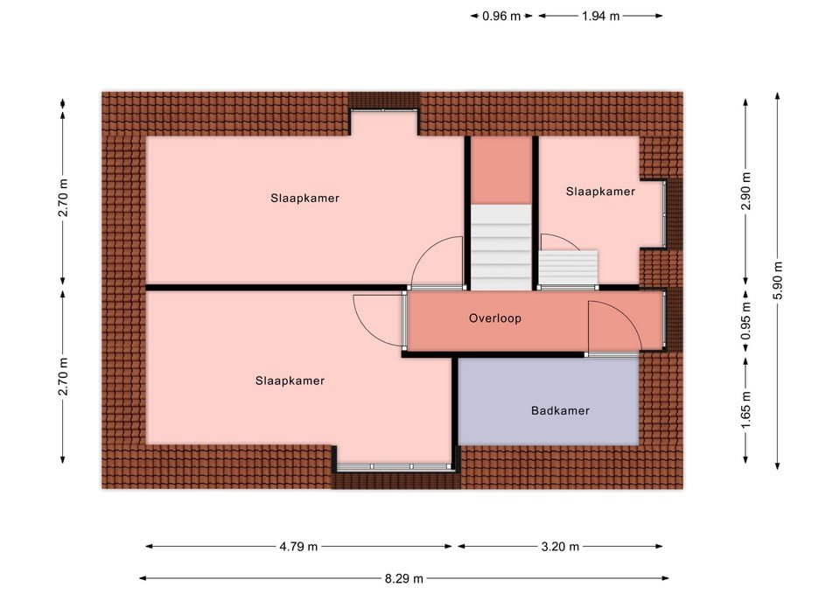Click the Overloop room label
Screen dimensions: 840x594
495,318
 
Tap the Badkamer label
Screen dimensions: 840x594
560,411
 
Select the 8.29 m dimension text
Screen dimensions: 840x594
404,578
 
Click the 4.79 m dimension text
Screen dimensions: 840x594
298,547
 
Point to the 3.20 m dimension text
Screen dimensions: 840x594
560,547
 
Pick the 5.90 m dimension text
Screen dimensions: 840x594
778,280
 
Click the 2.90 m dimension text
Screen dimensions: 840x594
746,192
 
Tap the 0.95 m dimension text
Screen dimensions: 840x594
746,320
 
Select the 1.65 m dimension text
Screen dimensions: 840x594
746,409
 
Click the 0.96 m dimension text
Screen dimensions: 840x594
501,16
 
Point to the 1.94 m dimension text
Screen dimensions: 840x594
601,16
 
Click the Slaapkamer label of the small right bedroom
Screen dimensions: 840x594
600,192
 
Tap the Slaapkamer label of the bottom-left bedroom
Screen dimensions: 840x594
290,381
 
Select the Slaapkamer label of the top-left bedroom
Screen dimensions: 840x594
304,199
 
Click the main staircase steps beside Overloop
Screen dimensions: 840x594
500,247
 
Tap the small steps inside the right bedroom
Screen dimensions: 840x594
569,268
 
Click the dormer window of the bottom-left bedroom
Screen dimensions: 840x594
395,467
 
